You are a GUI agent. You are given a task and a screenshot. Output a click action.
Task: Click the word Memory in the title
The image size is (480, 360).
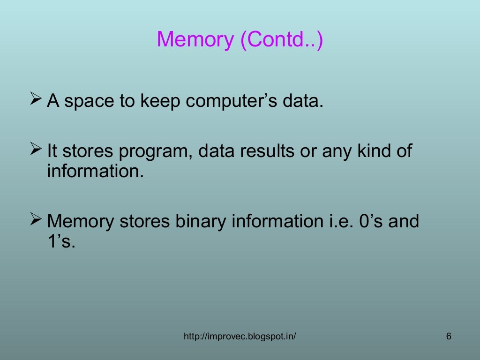(195, 40)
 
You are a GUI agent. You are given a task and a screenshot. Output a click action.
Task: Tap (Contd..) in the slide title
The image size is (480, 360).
(281, 40)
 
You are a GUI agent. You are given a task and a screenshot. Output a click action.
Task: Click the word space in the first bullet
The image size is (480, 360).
(90, 101)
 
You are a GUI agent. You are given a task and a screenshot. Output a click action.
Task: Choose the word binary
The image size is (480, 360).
(201, 221)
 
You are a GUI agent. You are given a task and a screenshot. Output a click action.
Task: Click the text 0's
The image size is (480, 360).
(368, 221)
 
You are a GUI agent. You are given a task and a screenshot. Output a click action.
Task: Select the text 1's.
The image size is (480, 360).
(61, 242)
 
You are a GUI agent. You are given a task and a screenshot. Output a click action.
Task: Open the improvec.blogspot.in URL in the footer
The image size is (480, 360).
(240, 337)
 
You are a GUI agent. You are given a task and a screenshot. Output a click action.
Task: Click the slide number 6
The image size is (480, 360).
(449, 337)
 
